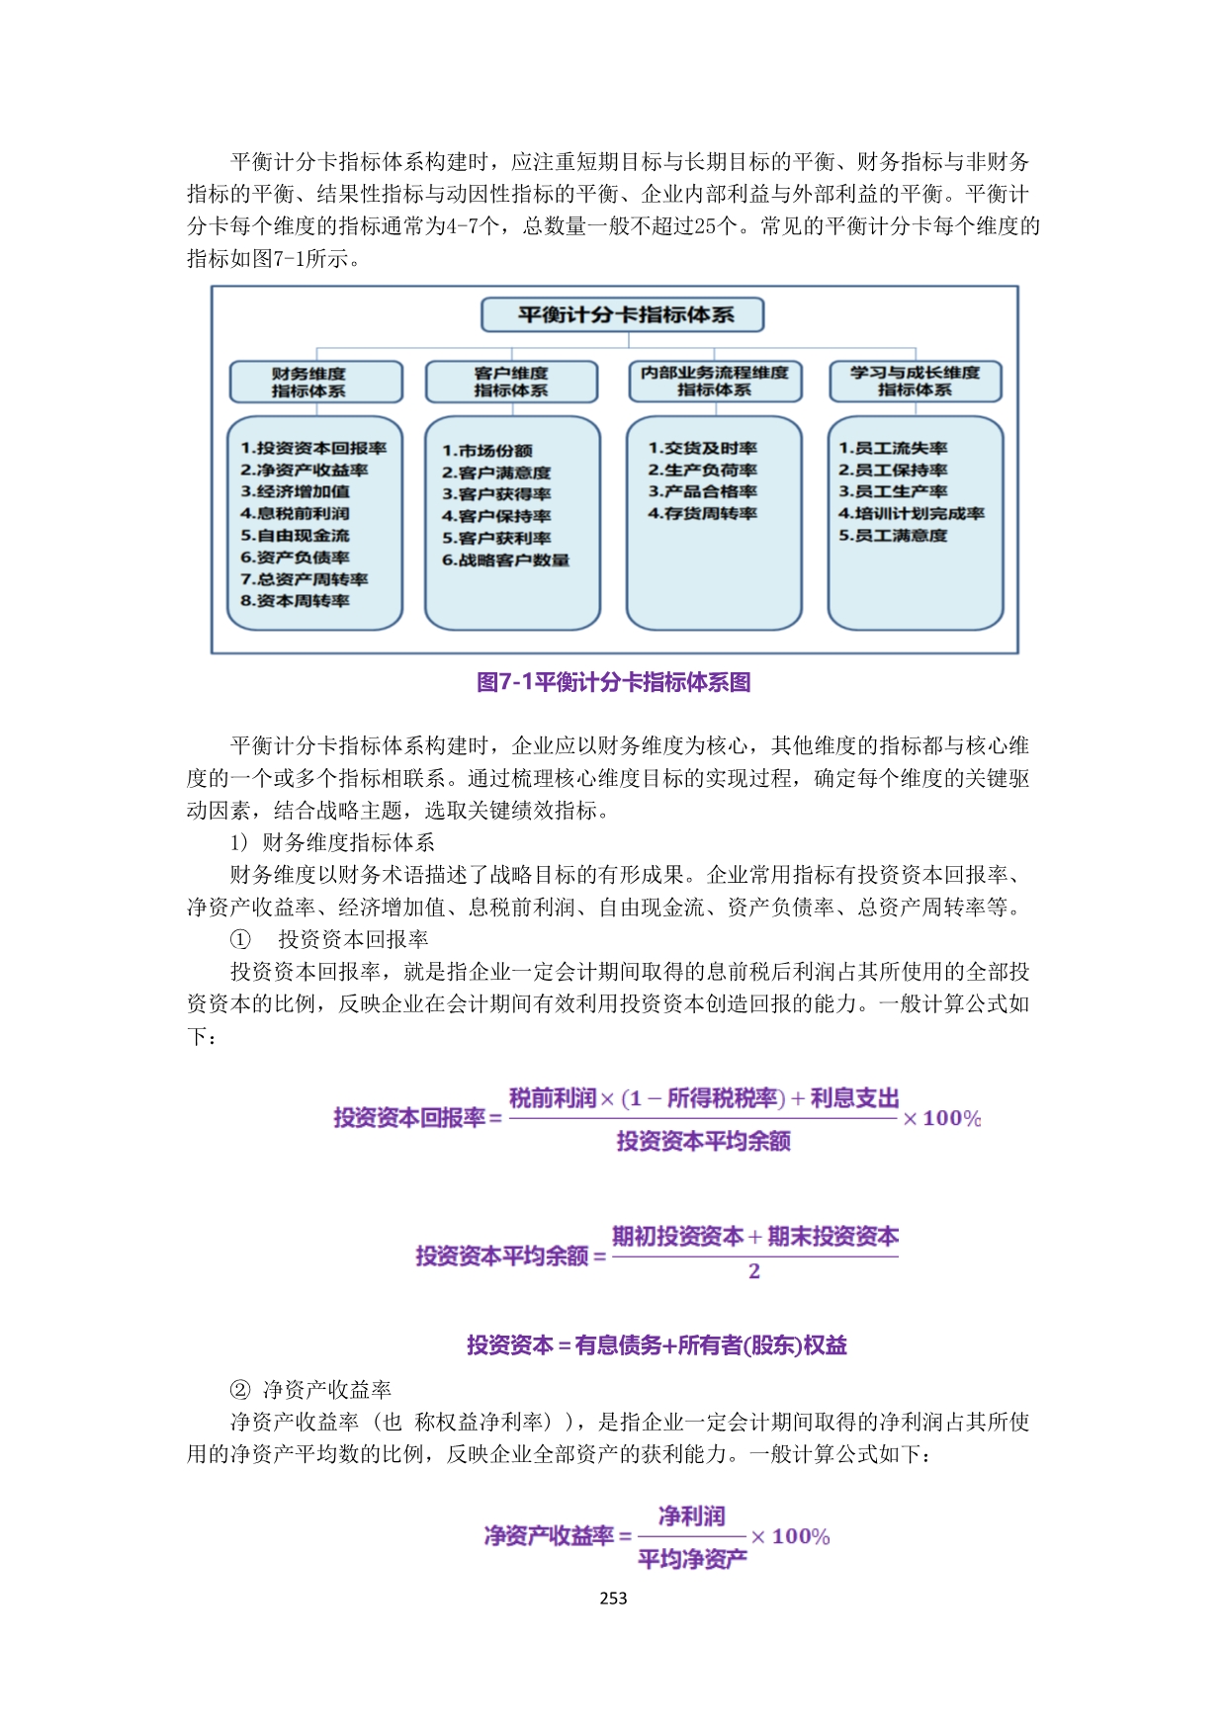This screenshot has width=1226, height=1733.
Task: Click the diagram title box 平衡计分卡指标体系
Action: point(623,315)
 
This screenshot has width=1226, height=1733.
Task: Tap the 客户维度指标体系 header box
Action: point(511,382)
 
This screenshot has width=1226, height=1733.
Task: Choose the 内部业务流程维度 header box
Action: point(714,381)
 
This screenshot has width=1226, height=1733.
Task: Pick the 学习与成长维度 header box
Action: point(915,381)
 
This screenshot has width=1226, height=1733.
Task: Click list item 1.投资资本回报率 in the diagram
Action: point(313,448)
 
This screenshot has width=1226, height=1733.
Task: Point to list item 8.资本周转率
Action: point(295,601)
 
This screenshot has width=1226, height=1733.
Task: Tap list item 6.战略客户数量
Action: point(505,561)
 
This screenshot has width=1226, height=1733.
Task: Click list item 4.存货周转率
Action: point(702,514)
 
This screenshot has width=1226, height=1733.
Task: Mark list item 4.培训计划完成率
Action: point(911,514)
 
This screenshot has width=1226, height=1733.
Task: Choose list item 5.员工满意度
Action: point(893,536)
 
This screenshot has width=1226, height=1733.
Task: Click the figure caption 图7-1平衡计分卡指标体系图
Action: point(613,682)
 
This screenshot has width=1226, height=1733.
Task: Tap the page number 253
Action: point(613,1599)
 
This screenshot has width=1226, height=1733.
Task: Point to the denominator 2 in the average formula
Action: point(754,1271)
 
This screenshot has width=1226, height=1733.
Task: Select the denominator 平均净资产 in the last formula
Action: point(692,1560)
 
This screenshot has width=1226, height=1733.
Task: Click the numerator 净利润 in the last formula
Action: point(692,1516)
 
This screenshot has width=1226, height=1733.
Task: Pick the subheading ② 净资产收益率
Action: point(310,1390)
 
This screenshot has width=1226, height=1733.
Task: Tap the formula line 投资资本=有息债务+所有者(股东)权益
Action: point(657,1345)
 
